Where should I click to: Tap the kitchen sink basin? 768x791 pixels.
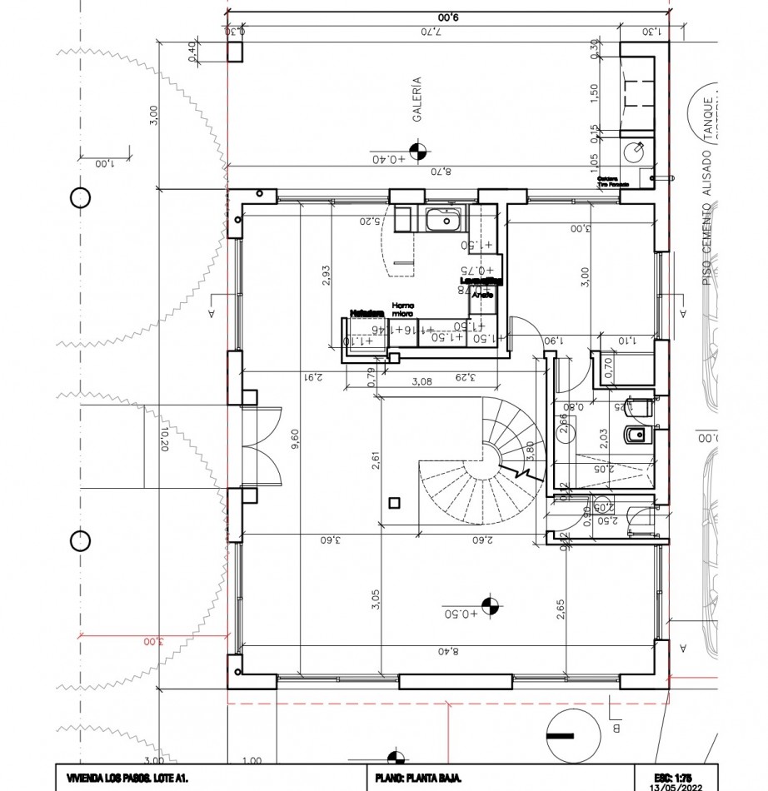point(442,221)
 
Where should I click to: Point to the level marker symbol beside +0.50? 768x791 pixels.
point(491,608)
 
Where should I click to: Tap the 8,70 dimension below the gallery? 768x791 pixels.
point(439,172)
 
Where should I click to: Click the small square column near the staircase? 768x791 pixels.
point(395,502)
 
